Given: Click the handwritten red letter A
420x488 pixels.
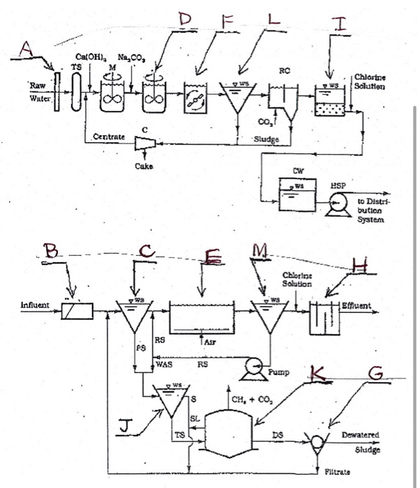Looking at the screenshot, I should click(26, 48).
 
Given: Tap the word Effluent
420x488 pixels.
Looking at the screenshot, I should click(356, 305).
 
